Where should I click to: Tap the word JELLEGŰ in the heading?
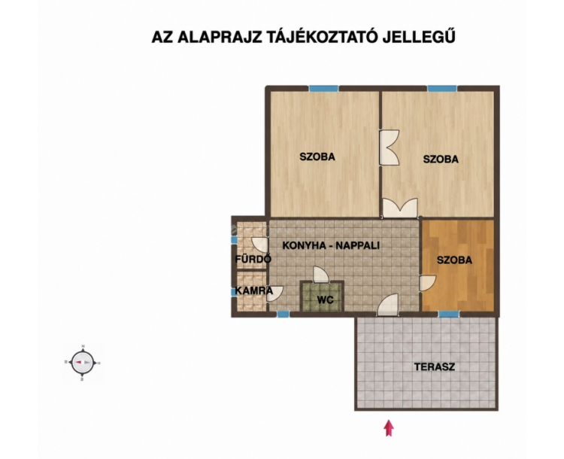point(419,37)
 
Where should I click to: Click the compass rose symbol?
point(83,363)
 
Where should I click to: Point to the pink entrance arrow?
point(389,428)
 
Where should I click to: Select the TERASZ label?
point(434,367)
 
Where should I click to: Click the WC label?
point(325,299)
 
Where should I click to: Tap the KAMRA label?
point(254,290)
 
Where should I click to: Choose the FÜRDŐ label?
point(253,259)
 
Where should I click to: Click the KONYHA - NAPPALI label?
point(331,245)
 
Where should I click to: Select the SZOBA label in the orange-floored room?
point(454,260)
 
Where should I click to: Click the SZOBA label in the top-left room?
point(317,157)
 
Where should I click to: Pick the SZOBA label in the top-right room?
point(441,159)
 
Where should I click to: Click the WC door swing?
point(320,275)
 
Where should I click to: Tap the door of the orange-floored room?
point(427,283)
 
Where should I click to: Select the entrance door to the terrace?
point(388,305)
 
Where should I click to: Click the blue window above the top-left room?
point(323,89)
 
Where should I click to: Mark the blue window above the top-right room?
point(442,89)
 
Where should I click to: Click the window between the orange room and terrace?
point(448,315)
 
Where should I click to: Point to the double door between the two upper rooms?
point(390,147)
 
